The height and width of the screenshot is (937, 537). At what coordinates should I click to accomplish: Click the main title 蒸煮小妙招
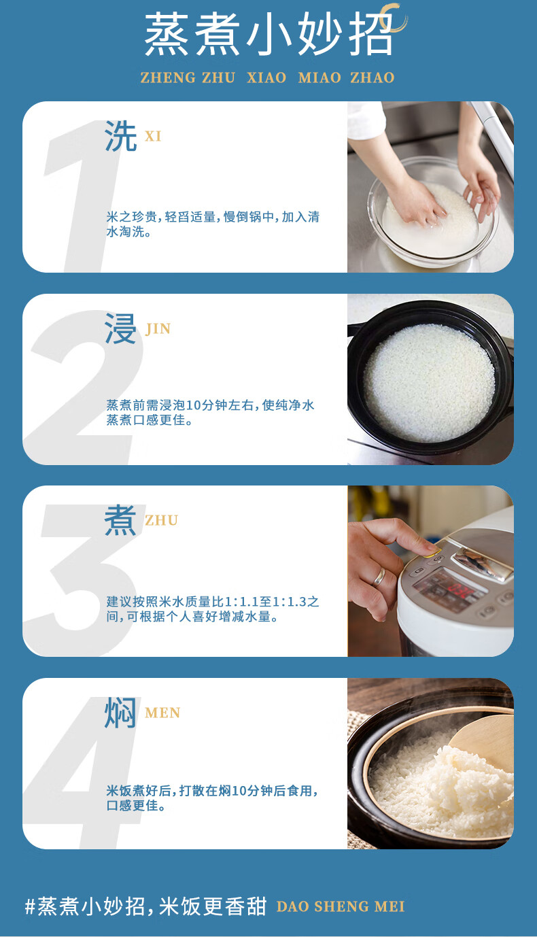tap(268, 33)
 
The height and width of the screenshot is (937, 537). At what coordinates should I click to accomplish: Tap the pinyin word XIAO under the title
tap(266, 78)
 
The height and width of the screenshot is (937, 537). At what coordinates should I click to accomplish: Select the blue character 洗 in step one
tap(120, 136)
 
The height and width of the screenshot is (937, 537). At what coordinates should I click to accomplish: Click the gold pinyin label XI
tap(153, 137)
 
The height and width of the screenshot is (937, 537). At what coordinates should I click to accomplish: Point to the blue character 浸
tap(120, 328)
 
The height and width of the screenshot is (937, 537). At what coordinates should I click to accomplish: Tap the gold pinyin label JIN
tap(158, 329)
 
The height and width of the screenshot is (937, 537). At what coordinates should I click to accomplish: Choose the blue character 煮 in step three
tap(120, 520)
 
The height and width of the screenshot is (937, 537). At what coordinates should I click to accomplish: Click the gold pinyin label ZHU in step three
tap(161, 520)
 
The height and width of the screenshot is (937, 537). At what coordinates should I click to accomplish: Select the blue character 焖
tap(120, 713)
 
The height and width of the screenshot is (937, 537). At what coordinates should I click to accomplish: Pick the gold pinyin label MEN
tap(162, 713)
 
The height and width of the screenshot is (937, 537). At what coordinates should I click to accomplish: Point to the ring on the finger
tap(379, 577)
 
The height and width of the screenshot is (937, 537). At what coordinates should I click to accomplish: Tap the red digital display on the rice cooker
tap(462, 591)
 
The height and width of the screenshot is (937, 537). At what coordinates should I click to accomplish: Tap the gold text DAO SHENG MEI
tap(341, 906)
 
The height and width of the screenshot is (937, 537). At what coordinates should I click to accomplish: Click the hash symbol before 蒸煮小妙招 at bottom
tap(30, 906)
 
